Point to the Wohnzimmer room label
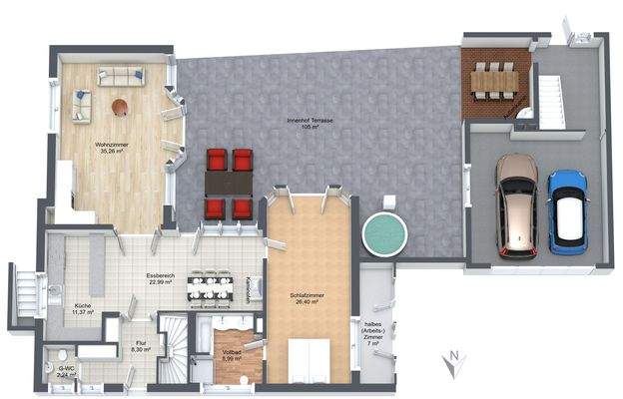(113, 151)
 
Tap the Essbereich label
(160, 278)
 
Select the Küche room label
(82, 308)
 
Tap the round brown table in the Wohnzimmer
(120, 106)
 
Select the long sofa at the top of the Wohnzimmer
(119, 76)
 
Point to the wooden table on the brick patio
(494, 80)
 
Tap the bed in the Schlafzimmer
(309, 361)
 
